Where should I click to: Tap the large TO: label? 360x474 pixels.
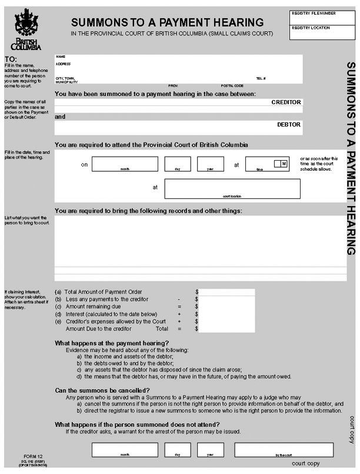11,59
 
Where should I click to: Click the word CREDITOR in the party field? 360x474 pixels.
286,102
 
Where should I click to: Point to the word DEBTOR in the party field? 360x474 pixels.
288,125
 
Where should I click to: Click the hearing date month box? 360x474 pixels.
125,164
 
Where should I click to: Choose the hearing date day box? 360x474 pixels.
178,164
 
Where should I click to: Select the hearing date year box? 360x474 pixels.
211,164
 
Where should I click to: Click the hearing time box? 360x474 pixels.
259,164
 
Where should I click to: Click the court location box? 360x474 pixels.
232,188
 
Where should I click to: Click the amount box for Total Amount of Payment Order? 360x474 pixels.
228,292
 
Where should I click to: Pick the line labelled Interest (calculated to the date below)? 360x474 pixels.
111,314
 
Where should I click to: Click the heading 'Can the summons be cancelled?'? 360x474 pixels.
102,390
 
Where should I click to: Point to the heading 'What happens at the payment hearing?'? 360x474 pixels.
112,343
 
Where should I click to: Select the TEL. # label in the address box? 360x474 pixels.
261,78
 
